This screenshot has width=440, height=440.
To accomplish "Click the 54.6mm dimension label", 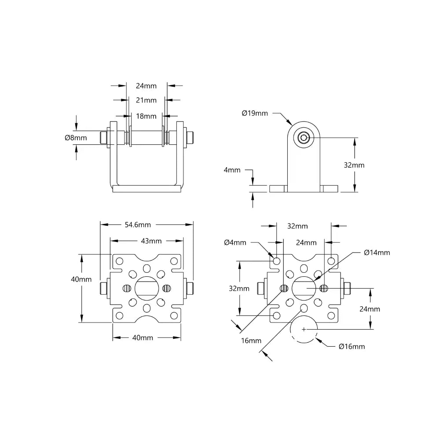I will tap(138, 224).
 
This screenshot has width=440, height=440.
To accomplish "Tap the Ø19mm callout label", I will tap(255, 113).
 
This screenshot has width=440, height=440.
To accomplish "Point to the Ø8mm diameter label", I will tap(76, 138).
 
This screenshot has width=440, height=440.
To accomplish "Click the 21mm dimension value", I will tap(146, 100).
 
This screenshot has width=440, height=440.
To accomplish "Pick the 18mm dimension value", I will tap(146, 116).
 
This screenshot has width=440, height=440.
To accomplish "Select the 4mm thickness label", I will tap(232, 170).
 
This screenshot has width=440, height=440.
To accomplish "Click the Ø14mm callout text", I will tap(377, 252).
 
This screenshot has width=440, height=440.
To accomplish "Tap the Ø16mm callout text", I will tap(352, 346).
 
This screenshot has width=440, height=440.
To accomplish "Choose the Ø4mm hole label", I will tap(235, 242).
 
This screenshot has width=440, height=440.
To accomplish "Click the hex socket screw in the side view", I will tap(304, 138).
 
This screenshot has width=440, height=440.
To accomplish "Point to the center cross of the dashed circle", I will tap(304, 329).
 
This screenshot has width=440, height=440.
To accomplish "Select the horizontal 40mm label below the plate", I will tap(143, 337).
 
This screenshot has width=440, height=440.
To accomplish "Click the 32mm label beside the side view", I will tap(354, 165).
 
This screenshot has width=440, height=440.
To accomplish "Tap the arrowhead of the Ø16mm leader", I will tap(318, 339).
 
